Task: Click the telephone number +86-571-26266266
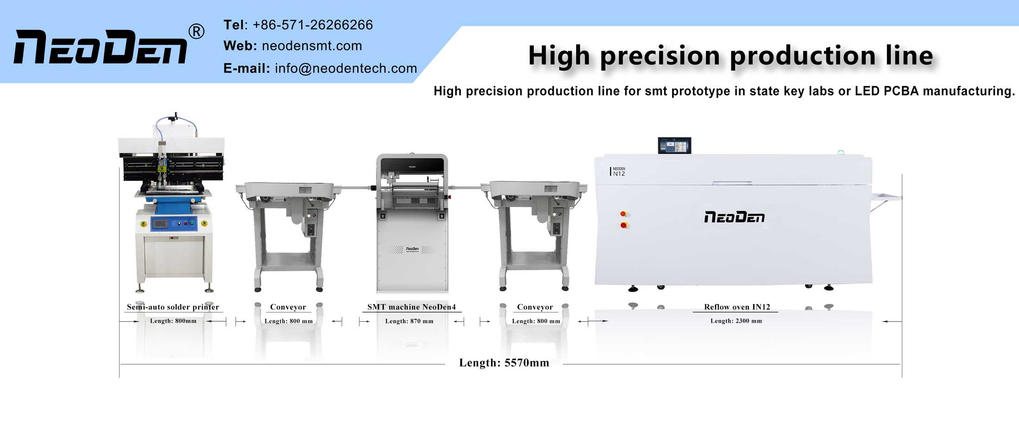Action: tap(312, 25)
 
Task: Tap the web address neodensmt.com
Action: tap(312, 46)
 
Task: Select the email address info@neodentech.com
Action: tap(346, 68)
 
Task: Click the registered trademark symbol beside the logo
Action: tap(196, 31)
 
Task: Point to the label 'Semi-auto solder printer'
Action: tap(173, 307)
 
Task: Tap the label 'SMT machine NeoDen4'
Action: tap(411, 307)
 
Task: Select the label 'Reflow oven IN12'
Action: tap(737, 307)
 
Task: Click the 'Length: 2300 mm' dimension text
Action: tap(736, 321)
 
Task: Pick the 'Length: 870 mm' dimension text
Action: tap(409, 321)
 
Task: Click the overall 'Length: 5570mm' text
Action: tap(504, 363)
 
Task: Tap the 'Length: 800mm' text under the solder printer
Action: tap(173, 321)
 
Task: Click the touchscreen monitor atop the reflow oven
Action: tap(674, 145)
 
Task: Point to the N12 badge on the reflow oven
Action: tap(618, 172)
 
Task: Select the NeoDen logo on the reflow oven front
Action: tap(734, 217)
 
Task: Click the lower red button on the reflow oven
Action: tap(623, 225)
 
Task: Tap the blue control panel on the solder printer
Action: tap(174, 224)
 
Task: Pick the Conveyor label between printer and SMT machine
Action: tap(288, 307)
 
